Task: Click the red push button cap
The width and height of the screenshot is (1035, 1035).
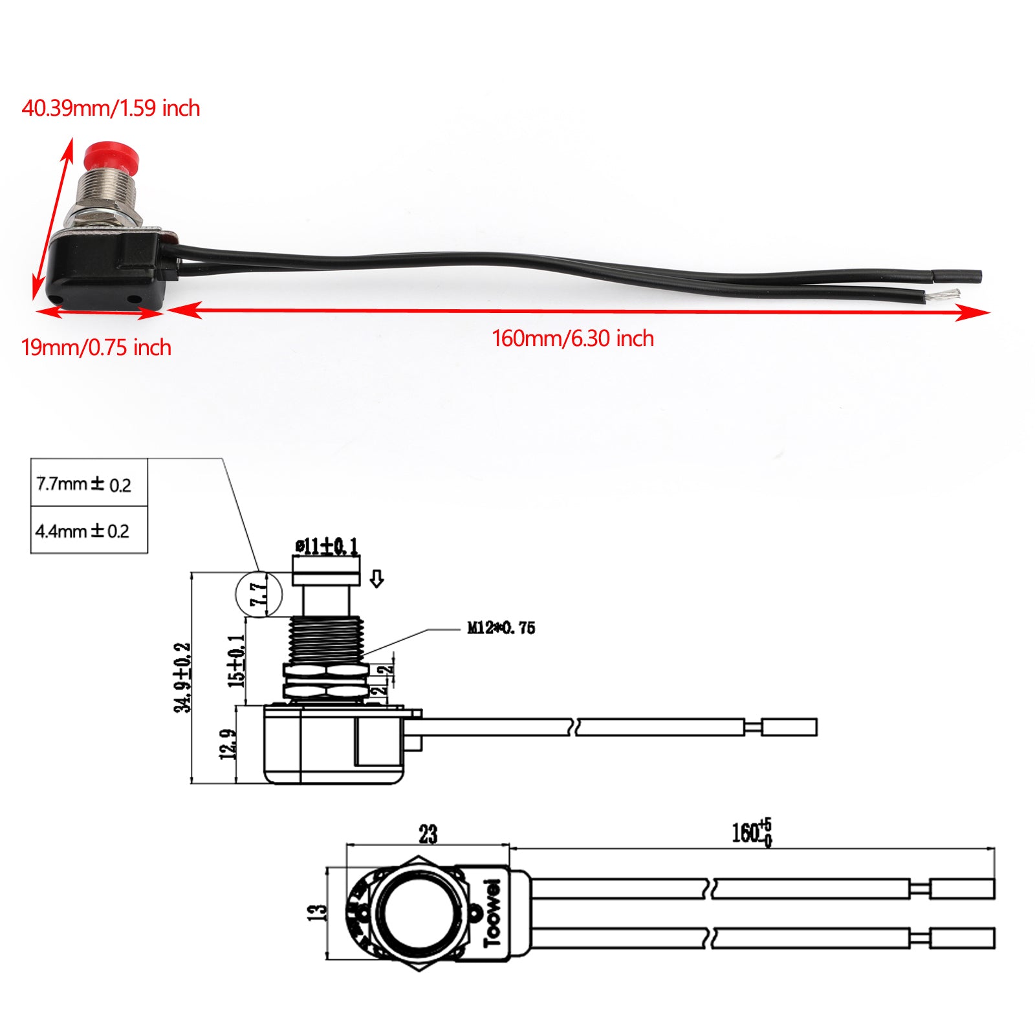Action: (106, 154)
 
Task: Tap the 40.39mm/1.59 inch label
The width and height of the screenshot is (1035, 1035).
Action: (111, 108)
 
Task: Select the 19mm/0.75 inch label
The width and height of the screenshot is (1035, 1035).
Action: (96, 348)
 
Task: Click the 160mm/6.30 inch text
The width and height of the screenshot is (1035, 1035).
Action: (572, 338)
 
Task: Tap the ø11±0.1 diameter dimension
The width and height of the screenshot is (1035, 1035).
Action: (326, 547)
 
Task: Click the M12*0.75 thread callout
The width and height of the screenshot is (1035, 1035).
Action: (501, 628)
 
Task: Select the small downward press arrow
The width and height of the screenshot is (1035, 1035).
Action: (376, 578)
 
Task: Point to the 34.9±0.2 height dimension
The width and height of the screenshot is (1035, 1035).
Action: (183, 677)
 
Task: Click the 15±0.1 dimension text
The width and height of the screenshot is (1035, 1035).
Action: (237, 660)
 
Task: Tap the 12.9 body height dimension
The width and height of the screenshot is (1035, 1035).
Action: (228, 744)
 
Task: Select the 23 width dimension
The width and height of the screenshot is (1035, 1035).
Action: (428, 834)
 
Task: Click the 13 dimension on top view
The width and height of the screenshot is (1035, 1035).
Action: (318, 913)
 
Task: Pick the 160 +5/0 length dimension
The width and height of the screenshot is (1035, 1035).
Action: (752, 833)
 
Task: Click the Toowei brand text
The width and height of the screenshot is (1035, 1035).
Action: (493, 913)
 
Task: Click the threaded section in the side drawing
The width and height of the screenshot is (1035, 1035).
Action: (326, 640)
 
